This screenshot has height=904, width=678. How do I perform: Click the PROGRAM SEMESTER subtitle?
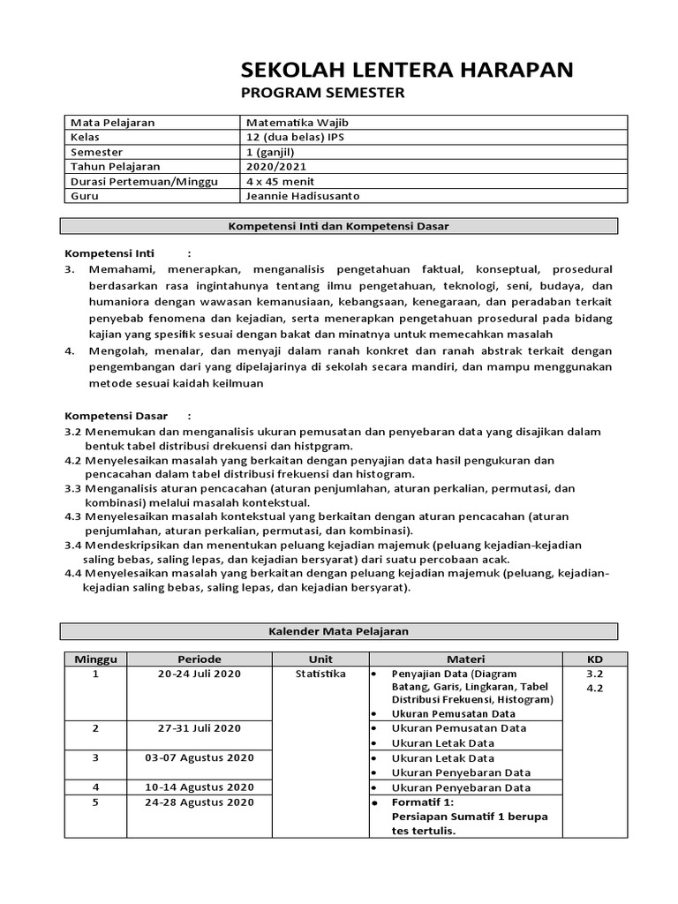coord(322,94)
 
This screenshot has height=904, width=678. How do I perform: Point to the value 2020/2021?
coord(275,166)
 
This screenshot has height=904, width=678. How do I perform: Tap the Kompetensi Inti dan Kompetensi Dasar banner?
coord(339,226)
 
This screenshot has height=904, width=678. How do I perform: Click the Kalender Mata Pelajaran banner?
coord(339,631)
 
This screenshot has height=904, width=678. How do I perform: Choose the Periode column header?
coord(200,659)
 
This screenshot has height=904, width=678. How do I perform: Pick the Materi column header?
coord(465,659)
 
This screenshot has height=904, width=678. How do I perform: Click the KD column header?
coord(594,659)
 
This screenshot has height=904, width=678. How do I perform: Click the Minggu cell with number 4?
coord(95,787)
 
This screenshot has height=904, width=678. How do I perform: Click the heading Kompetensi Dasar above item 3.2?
coord(117,415)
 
